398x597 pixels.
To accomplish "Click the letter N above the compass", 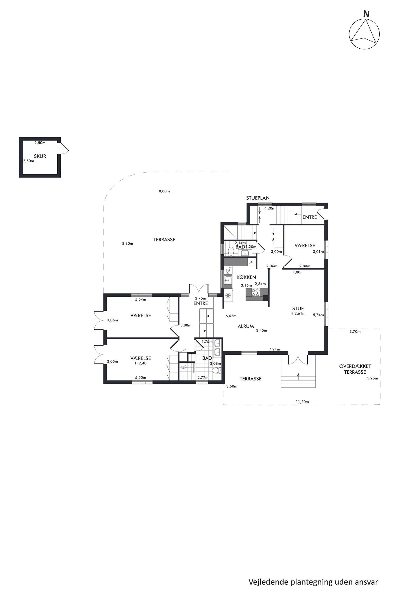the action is coord(366,14).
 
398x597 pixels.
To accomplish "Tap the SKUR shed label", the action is coord(40,156).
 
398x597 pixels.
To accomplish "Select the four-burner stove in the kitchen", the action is coord(255,293).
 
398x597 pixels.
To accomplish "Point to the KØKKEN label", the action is coord(246,277).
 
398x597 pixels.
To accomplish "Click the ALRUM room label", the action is coord(246,326).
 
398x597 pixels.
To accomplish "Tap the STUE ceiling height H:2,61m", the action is coord(298,314).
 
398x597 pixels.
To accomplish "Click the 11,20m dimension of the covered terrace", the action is coord(302,402).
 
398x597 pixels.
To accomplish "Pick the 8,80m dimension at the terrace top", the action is coord(164,191).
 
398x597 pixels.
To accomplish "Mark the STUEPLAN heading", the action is coord(258,198).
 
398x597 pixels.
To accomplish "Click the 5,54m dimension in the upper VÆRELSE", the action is coord(141,300).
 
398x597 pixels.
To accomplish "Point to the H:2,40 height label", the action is coord(141,363).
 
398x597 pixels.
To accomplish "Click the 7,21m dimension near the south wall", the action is coord(275,349).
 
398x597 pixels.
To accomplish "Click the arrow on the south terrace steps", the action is coord(298,377).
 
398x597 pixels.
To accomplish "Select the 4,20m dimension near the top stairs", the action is coord(270,208).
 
